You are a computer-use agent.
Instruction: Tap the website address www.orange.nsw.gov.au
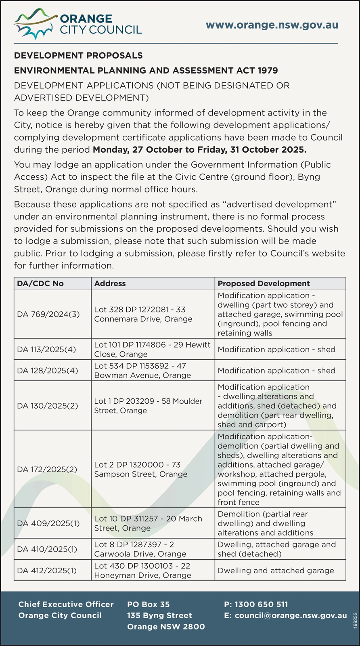(x=272, y=25)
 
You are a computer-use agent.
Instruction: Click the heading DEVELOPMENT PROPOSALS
(x=78, y=55)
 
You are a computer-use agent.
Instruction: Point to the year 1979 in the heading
(x=267, y=71)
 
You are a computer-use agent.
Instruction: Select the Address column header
(x=110, y=283)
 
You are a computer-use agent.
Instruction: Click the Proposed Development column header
(x=264, y=283)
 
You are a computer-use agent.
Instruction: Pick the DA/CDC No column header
(x=40, y=283)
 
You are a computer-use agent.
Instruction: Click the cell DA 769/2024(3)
(x=48, y=314)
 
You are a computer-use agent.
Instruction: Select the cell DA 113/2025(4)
(x=46, y=349)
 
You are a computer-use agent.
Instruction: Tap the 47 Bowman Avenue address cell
(x=142, y=370)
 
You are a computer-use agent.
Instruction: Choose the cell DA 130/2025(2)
(x=48, y=406)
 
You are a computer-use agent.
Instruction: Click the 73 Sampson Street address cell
(x=141, y=469)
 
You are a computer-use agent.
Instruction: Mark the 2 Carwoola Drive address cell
(x=140, y=549)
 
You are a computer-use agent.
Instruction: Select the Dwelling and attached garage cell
(x=276, y=570)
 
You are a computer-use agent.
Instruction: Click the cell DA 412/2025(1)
(x=47, y=570)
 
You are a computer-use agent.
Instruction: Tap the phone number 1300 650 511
(x=261, y=604)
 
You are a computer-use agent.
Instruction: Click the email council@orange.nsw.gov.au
(x=291, y=615)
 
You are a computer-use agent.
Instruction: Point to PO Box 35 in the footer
(x=149, y=604)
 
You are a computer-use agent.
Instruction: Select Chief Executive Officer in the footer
(x=66, y=604)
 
